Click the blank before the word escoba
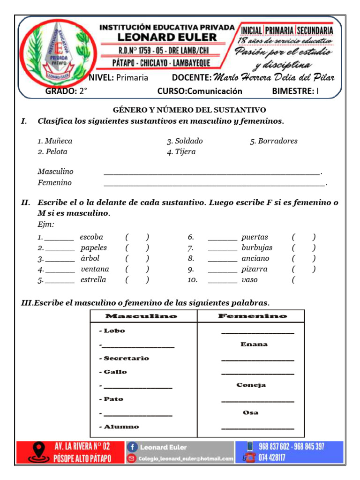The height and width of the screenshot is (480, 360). [x=59, y=238]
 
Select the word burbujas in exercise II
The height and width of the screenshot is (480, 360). [x=257, y=247]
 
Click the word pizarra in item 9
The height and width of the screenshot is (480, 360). [x=255, y=269]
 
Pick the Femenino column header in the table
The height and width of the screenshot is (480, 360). [x=252, y=316]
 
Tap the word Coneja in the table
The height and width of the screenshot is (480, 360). [x=251, y=385]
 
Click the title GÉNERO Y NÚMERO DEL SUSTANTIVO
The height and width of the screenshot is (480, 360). [x=189, y=110]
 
